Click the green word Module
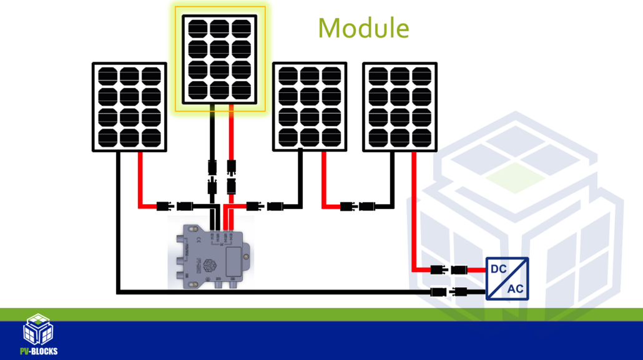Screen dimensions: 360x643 (x=364, y=28)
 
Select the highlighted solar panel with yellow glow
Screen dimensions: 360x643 (x=220, y=59)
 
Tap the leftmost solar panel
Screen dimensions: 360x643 (x=129, y=106)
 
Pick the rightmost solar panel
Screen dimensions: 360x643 (x=401, y=106)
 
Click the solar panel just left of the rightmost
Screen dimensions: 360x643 (x=310, y=106)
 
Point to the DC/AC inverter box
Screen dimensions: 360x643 (x=507, y=278)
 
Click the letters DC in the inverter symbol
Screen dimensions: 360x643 (x=499, y=269)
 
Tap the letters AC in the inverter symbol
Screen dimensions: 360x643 (x=516, y=288)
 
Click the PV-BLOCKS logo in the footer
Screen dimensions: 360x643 (x=38, y=334)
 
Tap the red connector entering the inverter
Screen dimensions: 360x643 (x=449, y=270)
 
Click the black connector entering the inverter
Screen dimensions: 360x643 (x=449, y=291)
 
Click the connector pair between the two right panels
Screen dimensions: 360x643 (x=358, y=205)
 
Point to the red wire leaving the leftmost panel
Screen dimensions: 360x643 (x=139, y=181)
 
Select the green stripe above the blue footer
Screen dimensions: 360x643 (x=321, y=314)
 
